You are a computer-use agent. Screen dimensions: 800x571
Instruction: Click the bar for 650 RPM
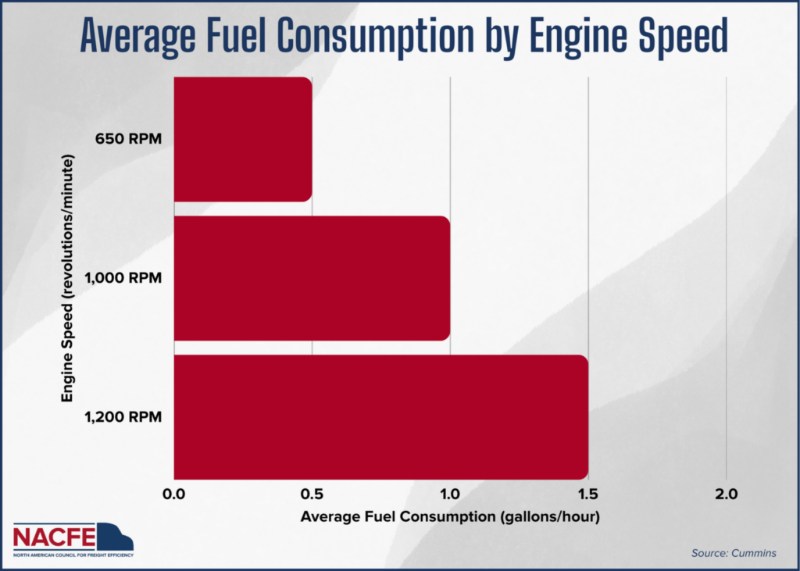pyautogui.click(x=243, y=139)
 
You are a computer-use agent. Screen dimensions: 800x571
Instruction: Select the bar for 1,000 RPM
pyautogui.click(x=312, y=278)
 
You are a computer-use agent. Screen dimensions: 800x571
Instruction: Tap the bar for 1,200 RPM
pyautogui.click(x=381, y=417)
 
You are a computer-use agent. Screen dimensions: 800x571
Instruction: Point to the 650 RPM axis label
pyautogui.click(x=129, y=139)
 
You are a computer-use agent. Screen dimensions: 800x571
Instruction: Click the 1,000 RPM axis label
pyautogui.click(x=123, y=278)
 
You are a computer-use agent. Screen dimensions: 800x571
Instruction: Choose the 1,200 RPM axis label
pyautogui.click(x=123, y=417)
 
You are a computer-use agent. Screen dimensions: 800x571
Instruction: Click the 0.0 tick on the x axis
pyautogui.click(x=174, y=494)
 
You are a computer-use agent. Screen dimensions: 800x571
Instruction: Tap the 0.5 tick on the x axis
pyautogui.click(x=312, y=494)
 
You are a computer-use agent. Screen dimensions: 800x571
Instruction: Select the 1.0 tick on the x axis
pyautogui.click(x=450, y=494)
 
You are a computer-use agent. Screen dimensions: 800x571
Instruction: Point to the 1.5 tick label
pyautogui.click(x=588, y=494)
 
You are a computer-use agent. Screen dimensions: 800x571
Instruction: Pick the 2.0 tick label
pyautogui.click(x=727, y=494)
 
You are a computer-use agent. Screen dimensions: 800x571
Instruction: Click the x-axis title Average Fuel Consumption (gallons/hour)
pyautogui.click(x=450, y=517)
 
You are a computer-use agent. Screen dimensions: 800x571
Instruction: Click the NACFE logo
pyautogui.click(x=73, y=539)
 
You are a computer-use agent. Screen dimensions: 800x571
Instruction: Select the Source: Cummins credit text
pyautogui.click(x=734, y=553)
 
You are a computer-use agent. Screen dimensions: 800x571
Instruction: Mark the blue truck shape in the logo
pyautogui.click(x=116, y=537)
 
